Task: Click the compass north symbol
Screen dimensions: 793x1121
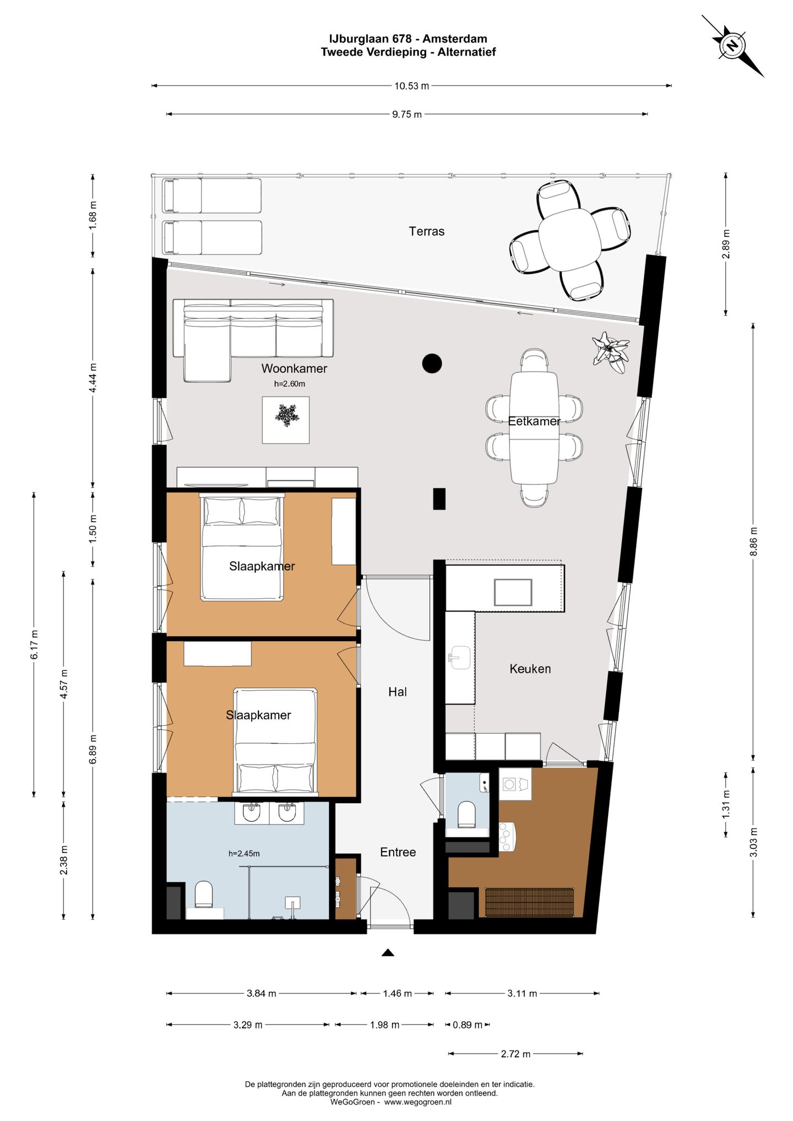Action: point(732,46)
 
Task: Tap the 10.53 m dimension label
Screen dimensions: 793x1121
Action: point(411,86)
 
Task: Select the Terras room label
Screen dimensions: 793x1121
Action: point(426,231)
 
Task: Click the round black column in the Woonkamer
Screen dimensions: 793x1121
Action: point(432,364)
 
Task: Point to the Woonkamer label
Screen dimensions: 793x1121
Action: point(294,369)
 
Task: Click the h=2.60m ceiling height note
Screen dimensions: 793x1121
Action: point(290,384)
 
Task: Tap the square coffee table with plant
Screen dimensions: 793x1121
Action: point(286,420)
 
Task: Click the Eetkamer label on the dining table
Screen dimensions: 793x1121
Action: point(534,421)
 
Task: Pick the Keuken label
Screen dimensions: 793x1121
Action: point(530,669)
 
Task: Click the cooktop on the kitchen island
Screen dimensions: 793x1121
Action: point(513,593)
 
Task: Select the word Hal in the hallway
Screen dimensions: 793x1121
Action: point(398,692)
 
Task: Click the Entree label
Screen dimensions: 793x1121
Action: point(398,852)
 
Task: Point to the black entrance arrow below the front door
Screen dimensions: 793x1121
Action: point(388,952)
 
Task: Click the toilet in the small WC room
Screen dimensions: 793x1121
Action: point(466,814)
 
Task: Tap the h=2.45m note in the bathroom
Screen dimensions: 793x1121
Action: point(244,854)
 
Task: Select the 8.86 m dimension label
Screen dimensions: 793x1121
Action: point(754,541)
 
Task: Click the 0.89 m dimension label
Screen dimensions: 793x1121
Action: point(468,1025)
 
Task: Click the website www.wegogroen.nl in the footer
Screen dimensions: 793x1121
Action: point(418,1102)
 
